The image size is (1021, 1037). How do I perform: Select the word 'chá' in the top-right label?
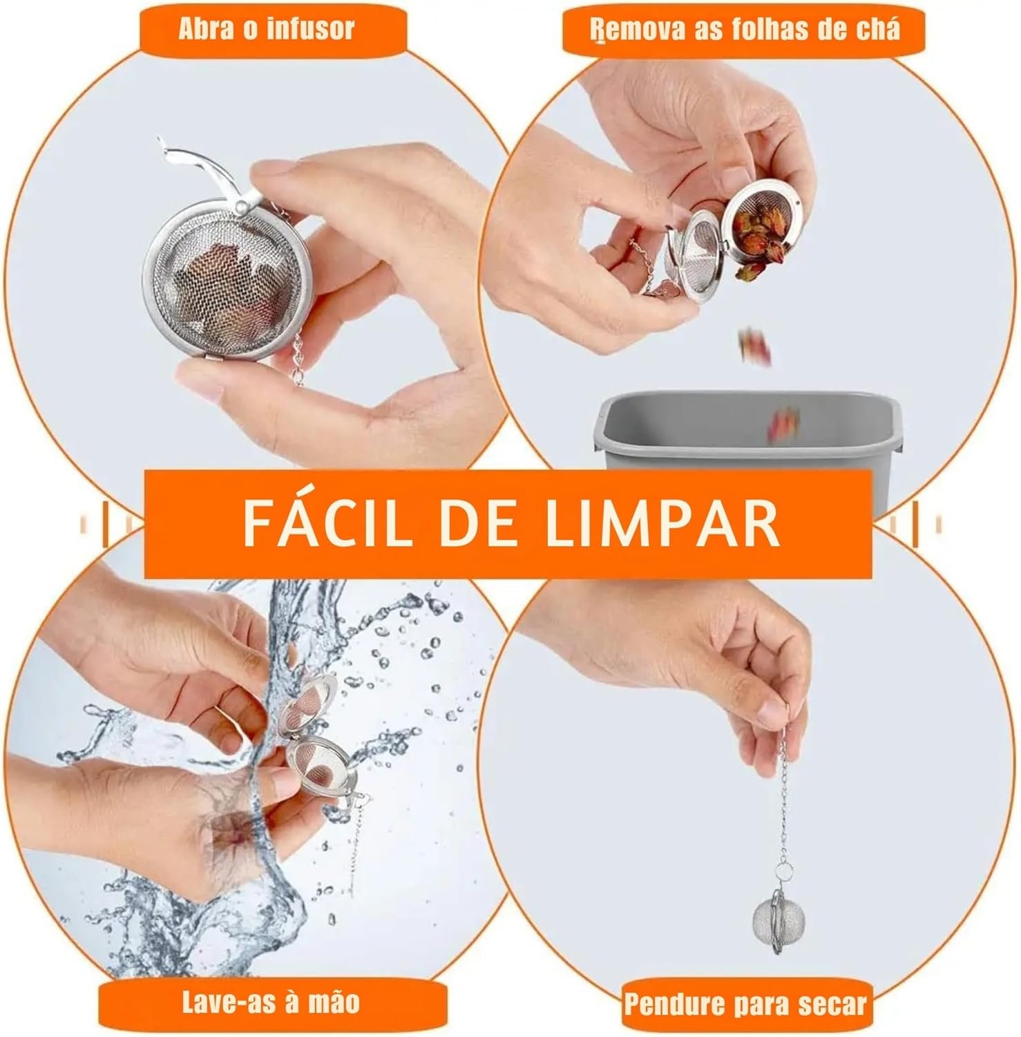click(876, 30)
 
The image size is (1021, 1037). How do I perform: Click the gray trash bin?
click(732, 442)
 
